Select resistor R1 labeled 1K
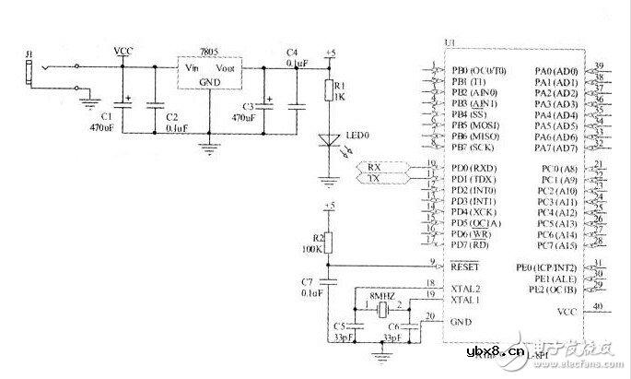coord(330,89)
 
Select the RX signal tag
coord(374,166)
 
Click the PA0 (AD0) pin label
coord(555,71)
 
